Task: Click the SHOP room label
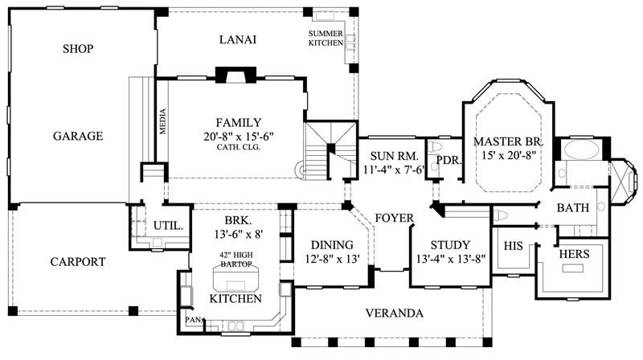click(x=78, y=49)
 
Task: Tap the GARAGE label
click(x=78, y=136)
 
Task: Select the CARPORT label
click(x=78, y=261)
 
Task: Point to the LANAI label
click(x=238, y=40)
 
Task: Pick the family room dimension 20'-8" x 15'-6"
click(x=238, y=137)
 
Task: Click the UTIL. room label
click(x=167, y=227)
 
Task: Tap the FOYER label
click(x=394, y=218)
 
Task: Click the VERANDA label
click(x=394, y=313)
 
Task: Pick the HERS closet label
click(x=574, y=254)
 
